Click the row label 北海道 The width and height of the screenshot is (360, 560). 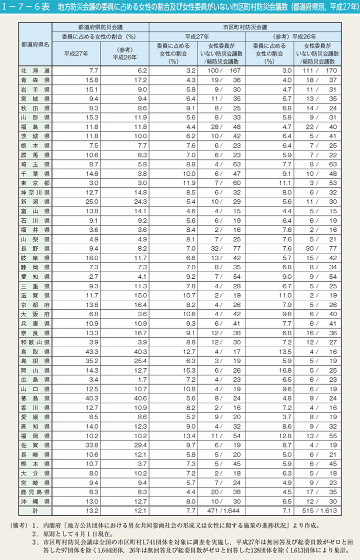[35, 71]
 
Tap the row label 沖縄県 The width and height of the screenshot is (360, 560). [35, 501]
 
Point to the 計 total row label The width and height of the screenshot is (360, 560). [35, 511]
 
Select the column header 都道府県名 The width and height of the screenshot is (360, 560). [35, 44]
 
